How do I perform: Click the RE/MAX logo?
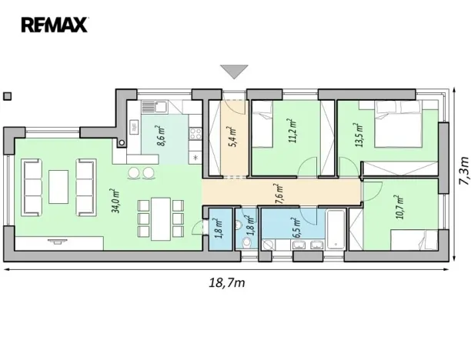(x=55, y=25)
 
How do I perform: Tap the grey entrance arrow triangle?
(x=233, y=72)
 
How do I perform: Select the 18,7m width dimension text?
(x=225, y=283)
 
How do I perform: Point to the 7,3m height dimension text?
(x=462, y=173)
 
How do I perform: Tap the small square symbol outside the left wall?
(x=8, y=96)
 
